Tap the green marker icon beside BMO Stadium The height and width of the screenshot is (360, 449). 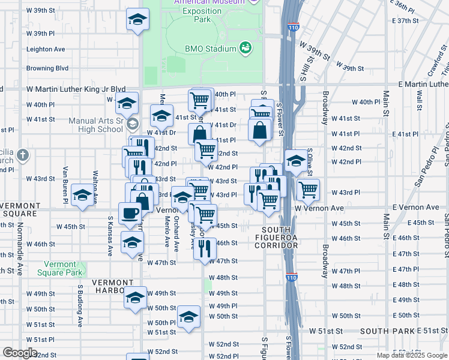(245, 47)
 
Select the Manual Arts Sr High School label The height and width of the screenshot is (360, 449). (96, 124)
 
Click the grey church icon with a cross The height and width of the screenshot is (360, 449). (23, 155)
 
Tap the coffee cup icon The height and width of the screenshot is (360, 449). (130, 213)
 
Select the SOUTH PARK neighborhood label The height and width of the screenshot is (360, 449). (383, 331)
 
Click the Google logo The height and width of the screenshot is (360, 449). (19, 353)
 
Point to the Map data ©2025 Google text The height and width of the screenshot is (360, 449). (412, 355)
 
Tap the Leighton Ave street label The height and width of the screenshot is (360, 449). (46, 49)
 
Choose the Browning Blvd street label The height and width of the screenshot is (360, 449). (47, 68)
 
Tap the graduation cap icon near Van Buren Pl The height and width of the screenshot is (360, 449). (82, 194)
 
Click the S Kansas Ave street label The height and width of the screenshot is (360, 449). (110, 236)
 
